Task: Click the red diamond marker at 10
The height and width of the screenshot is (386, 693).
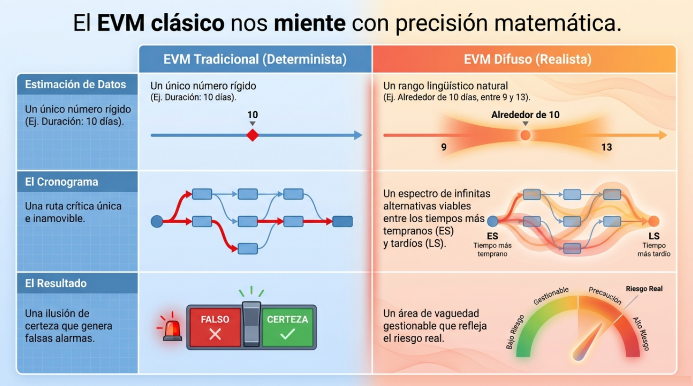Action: click(253, 135)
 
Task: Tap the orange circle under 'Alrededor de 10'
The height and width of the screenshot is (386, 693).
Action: click(525, 135)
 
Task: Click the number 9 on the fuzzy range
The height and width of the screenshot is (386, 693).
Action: click(444, 147)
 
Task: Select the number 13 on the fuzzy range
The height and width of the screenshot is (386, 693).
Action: click(607, 147)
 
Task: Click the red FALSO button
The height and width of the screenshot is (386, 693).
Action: click(215, 327)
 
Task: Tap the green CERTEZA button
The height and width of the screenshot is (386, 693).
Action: click(288, 327)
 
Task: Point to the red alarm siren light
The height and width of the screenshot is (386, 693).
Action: click(172, 330)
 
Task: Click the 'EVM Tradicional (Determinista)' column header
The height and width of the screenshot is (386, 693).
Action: click(255, 59)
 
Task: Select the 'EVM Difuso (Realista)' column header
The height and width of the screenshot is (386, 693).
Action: click(527, 59)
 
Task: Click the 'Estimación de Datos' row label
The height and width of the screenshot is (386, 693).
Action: click(75, 85)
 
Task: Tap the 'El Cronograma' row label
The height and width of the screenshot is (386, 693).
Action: click(62, 182)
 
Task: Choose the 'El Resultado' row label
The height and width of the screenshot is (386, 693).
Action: click(56, 283)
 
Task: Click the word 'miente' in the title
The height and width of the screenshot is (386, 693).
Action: click(309, 23)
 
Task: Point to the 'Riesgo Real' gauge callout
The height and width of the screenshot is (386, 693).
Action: click(644, 289)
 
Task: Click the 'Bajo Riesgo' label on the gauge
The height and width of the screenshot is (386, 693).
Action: click(515, 332)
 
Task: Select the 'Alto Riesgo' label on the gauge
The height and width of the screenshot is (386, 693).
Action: click(641, 334)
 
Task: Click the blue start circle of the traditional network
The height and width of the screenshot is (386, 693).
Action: click(157, 221)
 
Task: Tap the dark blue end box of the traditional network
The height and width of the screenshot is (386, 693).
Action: click(343, 221)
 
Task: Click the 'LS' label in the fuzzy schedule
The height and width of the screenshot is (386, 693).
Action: click(654, 236)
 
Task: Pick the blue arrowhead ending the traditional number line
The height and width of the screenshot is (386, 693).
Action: click(358, 135)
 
